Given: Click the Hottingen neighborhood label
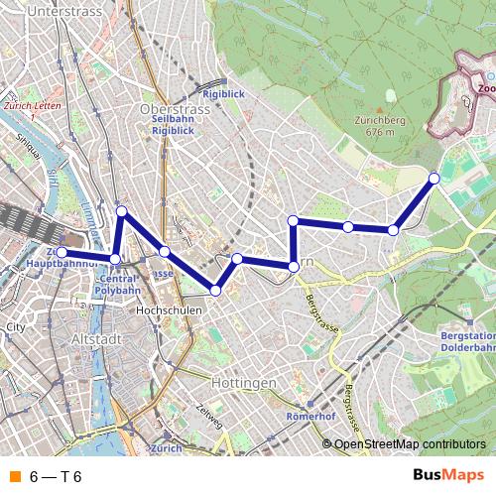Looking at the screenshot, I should (x=243, y=382).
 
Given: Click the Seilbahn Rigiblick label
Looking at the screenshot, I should (x=172, y=123).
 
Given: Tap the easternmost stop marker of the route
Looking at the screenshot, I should (x=434, y=179).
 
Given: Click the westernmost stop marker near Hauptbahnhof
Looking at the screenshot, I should (x=62, y=253).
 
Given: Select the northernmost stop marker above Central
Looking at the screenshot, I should (x=122, y=211).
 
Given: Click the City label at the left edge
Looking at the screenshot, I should (x=14, y=326).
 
